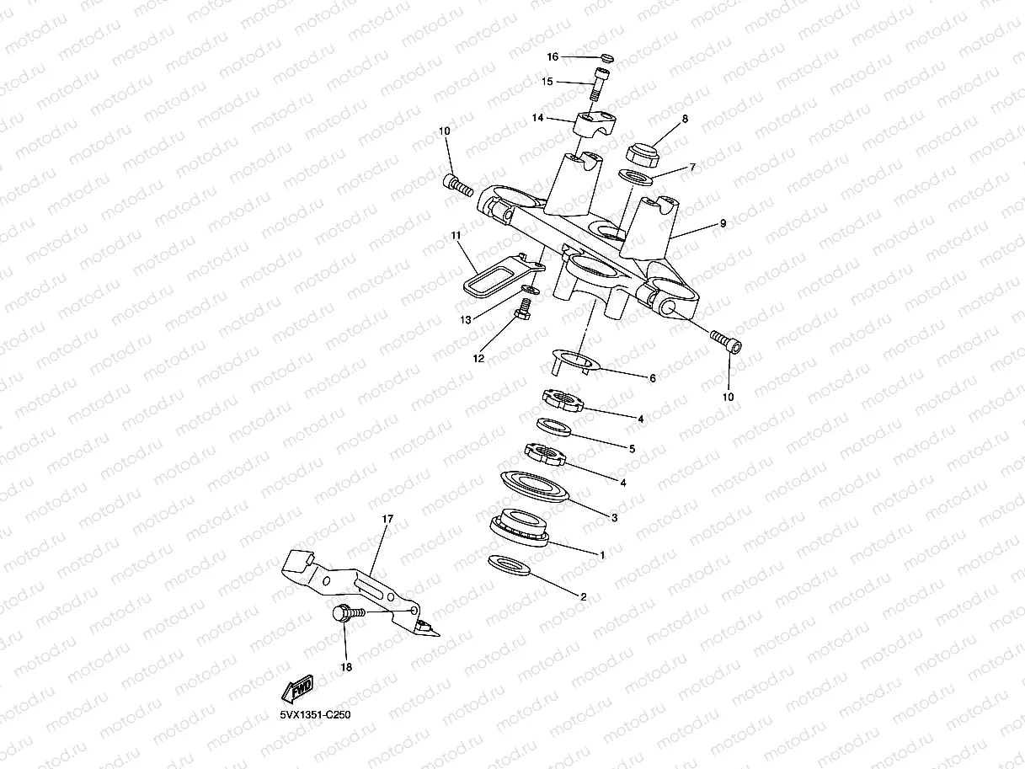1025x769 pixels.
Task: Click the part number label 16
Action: pos(553,57)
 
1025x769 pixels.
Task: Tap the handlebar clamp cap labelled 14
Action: pos(594,123)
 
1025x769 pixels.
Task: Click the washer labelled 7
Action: pos(636,179)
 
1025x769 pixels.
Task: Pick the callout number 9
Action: pos(723,224)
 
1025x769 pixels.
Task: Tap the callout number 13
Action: pos(465,320)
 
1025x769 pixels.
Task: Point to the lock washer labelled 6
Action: pos(574,360)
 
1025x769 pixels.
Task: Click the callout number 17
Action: pos(388,520)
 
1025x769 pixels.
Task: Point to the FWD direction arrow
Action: pos(298,689)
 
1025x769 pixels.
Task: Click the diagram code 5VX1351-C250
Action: pos(315,715)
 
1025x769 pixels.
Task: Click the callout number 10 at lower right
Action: pos(729,396)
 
